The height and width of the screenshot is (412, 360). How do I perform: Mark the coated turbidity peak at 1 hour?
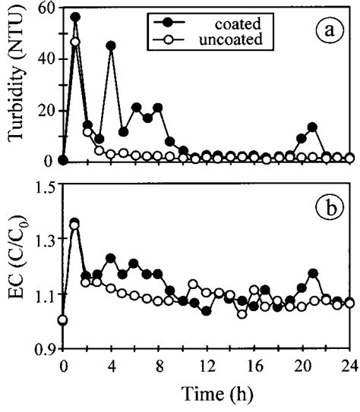[74, 17]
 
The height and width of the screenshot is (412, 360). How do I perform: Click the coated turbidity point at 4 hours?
[111, 46]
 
